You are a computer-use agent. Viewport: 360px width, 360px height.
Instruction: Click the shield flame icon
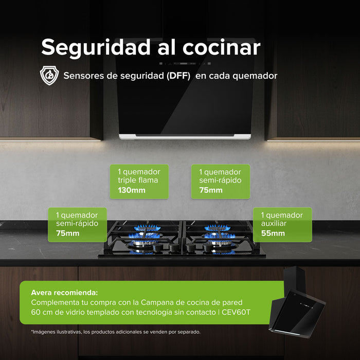tap(49, 75)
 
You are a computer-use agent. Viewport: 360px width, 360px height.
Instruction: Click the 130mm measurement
tap(132, 190)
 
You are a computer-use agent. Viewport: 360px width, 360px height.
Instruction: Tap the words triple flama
tap(138, 181)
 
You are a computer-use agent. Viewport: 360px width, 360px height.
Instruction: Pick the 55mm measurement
tap(273, 233)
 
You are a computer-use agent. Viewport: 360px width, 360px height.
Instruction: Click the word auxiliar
tap(274, 224)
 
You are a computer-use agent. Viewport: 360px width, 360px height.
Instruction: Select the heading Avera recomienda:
tap(64, 292)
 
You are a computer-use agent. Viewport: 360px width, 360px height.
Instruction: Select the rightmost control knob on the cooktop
tap(203, 248)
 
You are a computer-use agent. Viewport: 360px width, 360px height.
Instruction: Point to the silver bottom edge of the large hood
tap(185, 136)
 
